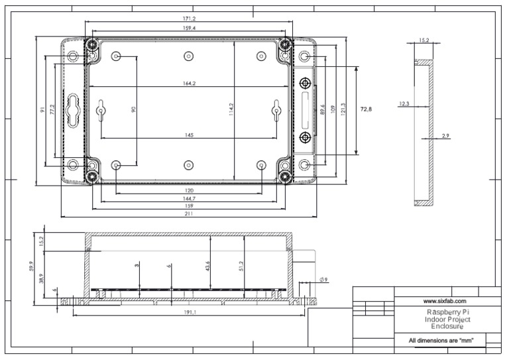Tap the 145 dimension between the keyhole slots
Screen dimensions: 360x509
(189, 135)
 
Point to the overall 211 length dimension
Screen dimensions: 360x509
(189, 214)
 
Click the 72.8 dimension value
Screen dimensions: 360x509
(366, 109)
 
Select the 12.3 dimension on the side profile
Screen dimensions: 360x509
(404, 103)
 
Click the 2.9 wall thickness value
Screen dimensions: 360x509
(445, 135)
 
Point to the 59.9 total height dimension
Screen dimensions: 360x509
(31, 266)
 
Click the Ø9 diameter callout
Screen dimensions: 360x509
(323, 280)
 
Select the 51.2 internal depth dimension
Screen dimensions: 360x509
(241, 265)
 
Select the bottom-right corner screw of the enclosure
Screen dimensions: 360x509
(286, 176)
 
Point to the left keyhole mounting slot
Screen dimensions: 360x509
(101, 111)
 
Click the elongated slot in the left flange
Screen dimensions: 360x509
(72, 110)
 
